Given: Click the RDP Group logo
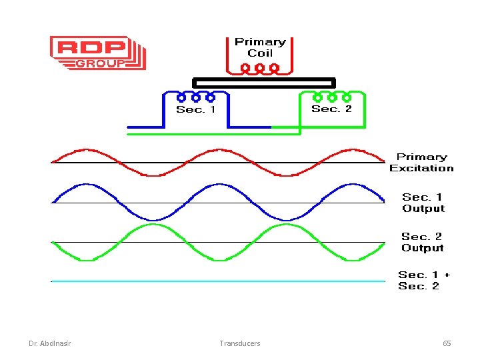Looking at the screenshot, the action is click(97, 53).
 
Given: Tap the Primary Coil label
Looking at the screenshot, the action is click(260, 47).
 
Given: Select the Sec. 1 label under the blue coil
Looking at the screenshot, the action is click(195, 109).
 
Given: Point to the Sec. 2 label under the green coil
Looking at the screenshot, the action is click(331, 109).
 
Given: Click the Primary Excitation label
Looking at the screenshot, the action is click(421, 163).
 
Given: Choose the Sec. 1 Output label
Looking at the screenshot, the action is click(423, 203).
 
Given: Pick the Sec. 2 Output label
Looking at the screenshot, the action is click(422, 242).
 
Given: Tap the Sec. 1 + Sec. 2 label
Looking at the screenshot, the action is click(423, 280).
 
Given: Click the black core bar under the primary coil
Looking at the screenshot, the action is click(263, 83).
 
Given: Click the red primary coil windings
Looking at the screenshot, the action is click(260, 68).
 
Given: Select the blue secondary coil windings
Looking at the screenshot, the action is click(196, 97).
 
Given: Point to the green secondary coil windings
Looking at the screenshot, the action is click(331, 97).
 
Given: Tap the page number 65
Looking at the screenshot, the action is click(447, 343).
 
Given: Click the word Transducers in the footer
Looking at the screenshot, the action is click(240, 343).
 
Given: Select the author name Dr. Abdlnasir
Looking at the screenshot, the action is click(51, 343).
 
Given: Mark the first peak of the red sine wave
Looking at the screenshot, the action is click(85, 150).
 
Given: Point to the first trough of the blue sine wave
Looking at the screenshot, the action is click(154, 219).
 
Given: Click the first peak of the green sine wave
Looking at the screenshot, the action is click(153, 225).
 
